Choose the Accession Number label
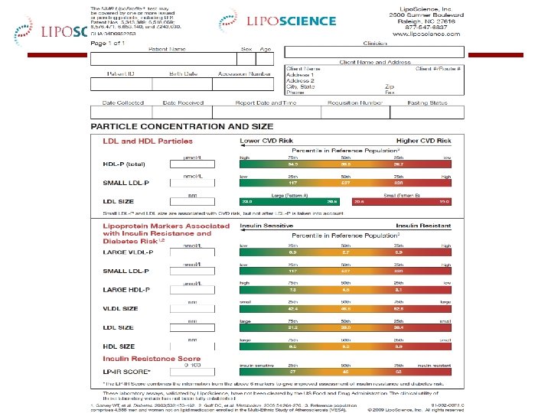244,75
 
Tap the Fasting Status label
427,102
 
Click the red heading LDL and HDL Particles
148,141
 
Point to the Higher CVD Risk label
423,141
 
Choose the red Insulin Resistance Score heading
152,359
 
